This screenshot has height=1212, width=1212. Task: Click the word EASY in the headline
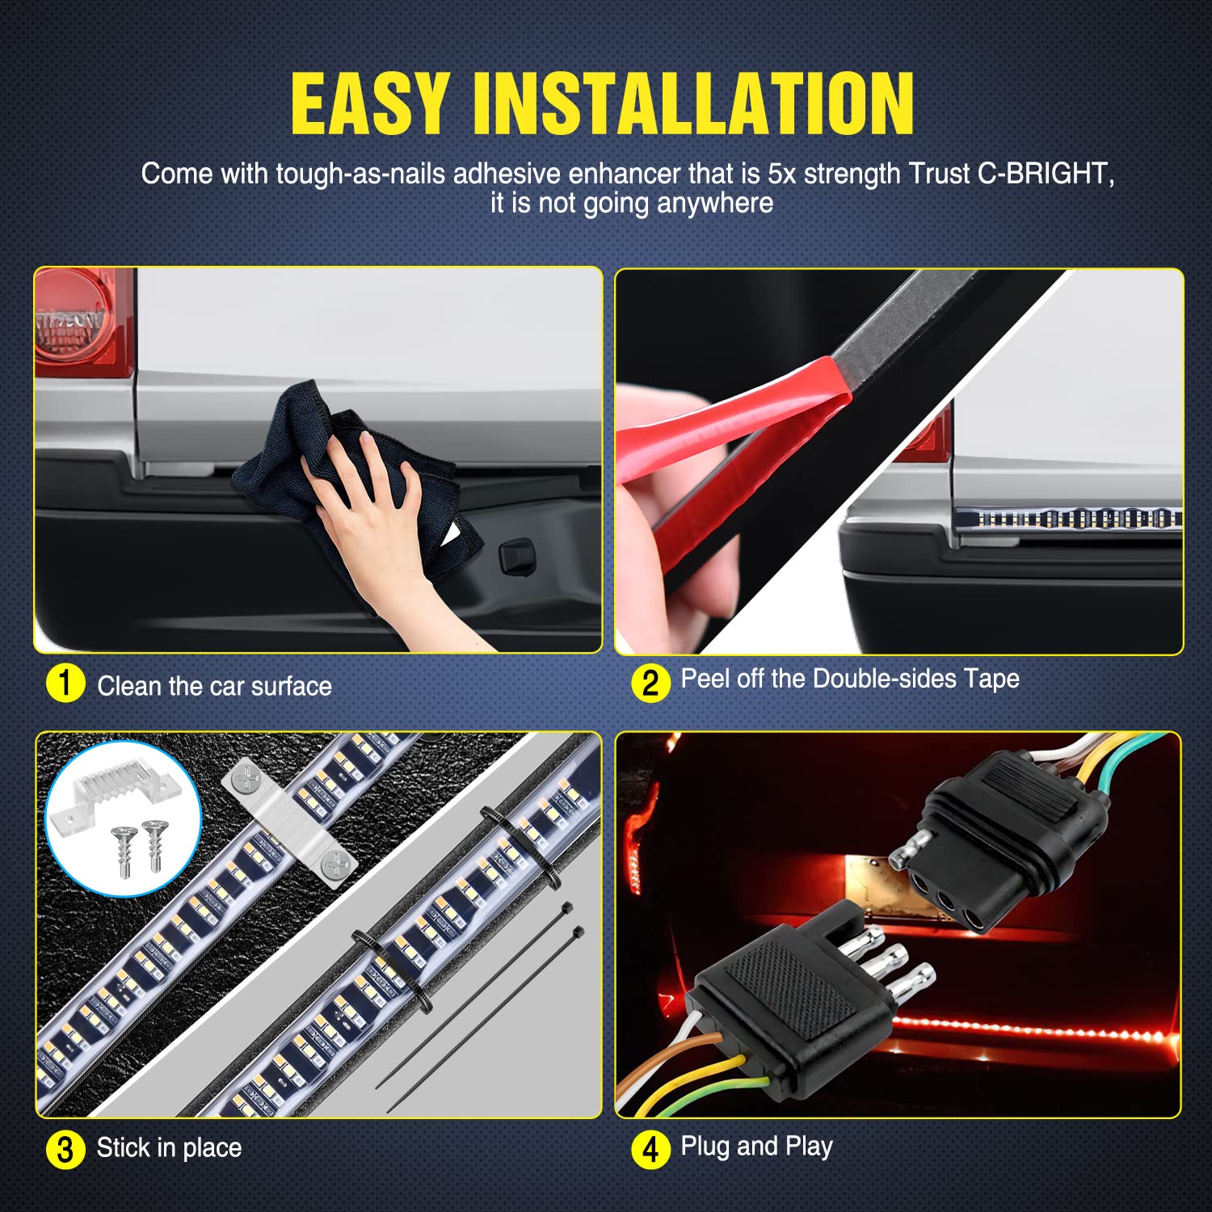(369, 103)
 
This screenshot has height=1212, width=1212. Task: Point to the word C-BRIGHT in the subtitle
(1046, 174)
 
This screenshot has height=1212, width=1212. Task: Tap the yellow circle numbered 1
(65, 684)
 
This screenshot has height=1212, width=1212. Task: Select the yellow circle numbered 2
(650, 683)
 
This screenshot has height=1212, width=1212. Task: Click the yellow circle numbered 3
(65, 1149)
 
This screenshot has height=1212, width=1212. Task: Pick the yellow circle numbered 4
(650, 1149)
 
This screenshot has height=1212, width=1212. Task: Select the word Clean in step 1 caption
(127, 686)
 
